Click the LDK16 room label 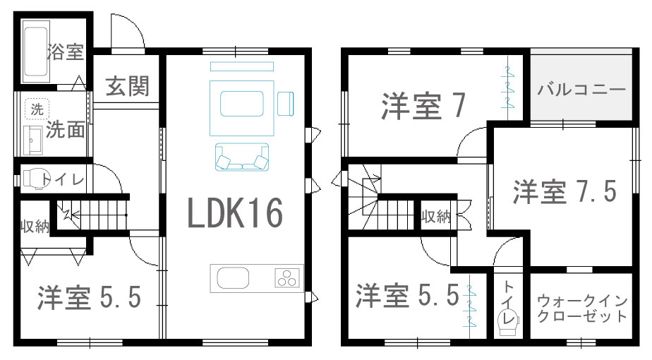(x=236, y=212)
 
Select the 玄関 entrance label (x=127, y=86)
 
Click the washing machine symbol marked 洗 (x=37, y=109)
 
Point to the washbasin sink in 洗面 (x=33, y=140)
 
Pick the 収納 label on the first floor (x=35, y=227)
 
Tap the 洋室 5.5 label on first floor (x=90, y=297)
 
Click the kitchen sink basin (x=234, y=278)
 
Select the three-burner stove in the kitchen (x=287, y=278)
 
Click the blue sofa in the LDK (x=242, y=157)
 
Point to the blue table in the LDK (x=241, y=104)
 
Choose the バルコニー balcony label (x=581, y=90)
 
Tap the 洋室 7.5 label (x=565, y=191)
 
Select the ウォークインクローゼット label (x=582, y=308)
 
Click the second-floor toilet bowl (x=508, y=323)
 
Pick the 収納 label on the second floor (x=436, y=217)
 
